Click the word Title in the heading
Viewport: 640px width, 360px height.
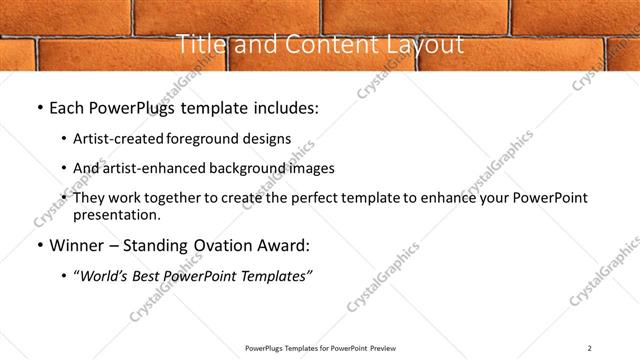click(199, 45)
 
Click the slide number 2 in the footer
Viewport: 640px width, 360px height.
click(590, 348)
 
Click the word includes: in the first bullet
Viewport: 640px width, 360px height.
click(283, 108)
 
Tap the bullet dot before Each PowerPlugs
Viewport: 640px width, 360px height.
click(39, 108)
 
